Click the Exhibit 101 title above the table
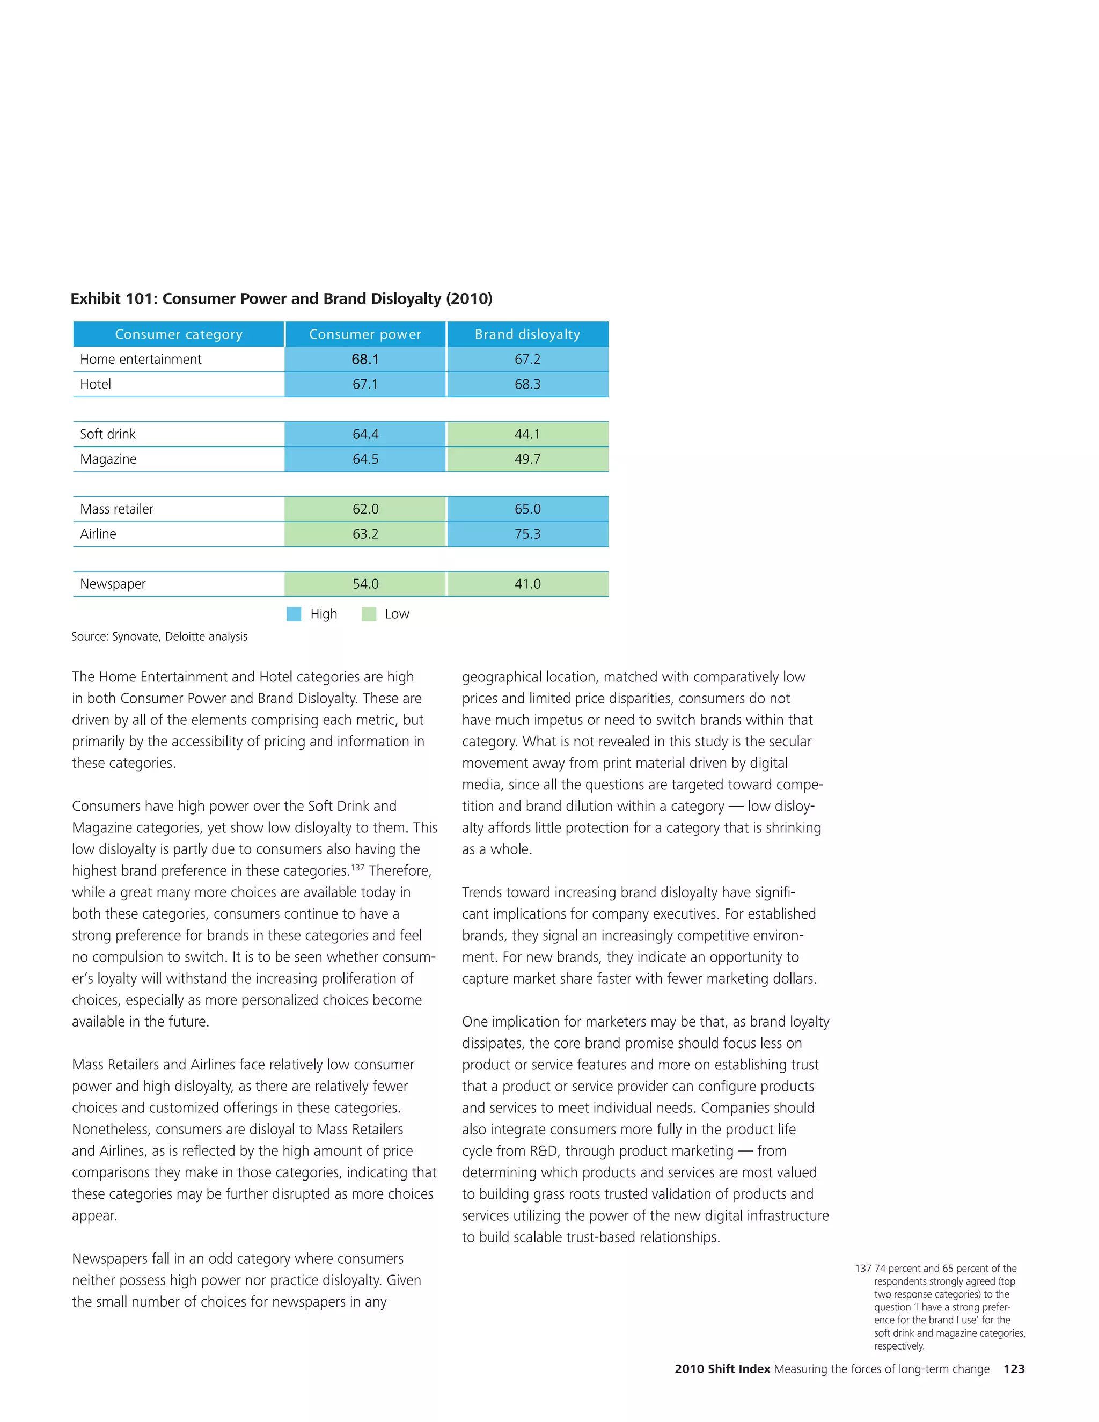click(x=281, y=299)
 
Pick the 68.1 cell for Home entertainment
click(x=365, y=360)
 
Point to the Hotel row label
click(x=96, y=384)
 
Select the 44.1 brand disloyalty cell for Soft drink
click(x=527, y=434)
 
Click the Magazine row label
click(x=108, y=459)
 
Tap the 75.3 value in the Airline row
click(x=527, y=534)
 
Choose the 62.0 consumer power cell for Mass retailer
click(x=365, y=509)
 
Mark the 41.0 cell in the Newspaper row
click(x=527, y=584)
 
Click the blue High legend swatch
click(x=294, y=614)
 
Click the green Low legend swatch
click(x=369, y=614)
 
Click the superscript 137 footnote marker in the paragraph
click(x=357, y=867)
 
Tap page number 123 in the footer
click(x=1014, y=1369)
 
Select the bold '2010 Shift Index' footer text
click(x=722, y=1369)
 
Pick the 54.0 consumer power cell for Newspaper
click(x=365, y=584)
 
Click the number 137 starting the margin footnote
click(x=863, y=1269)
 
